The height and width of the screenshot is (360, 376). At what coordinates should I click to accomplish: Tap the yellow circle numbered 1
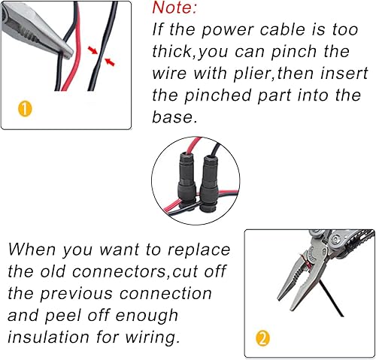click(26, 109)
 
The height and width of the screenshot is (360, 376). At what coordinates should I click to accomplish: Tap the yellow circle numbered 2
click(262, 337)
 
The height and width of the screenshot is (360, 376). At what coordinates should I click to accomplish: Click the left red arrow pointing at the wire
click(92, 51)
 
